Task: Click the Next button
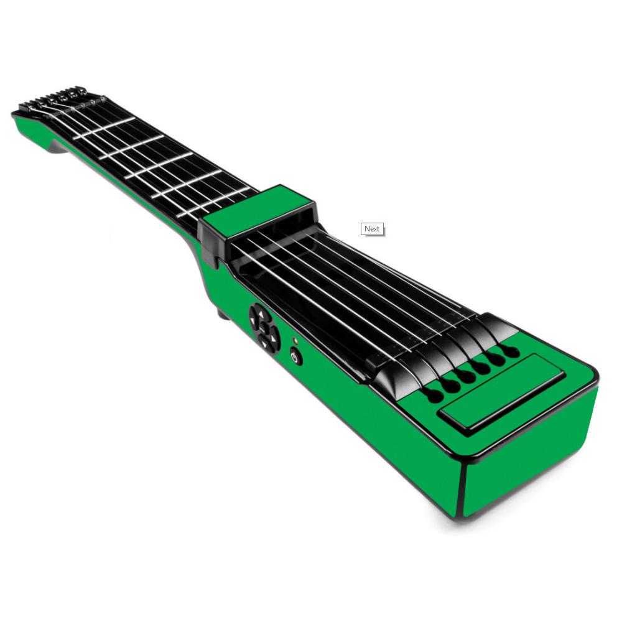(372, 229)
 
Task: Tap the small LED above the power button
(295, 340)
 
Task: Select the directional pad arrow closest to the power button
(273, 338)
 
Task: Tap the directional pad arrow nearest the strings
(261, 313)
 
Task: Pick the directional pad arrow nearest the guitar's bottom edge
(264, 343)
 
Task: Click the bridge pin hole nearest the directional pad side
(434, 395)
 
